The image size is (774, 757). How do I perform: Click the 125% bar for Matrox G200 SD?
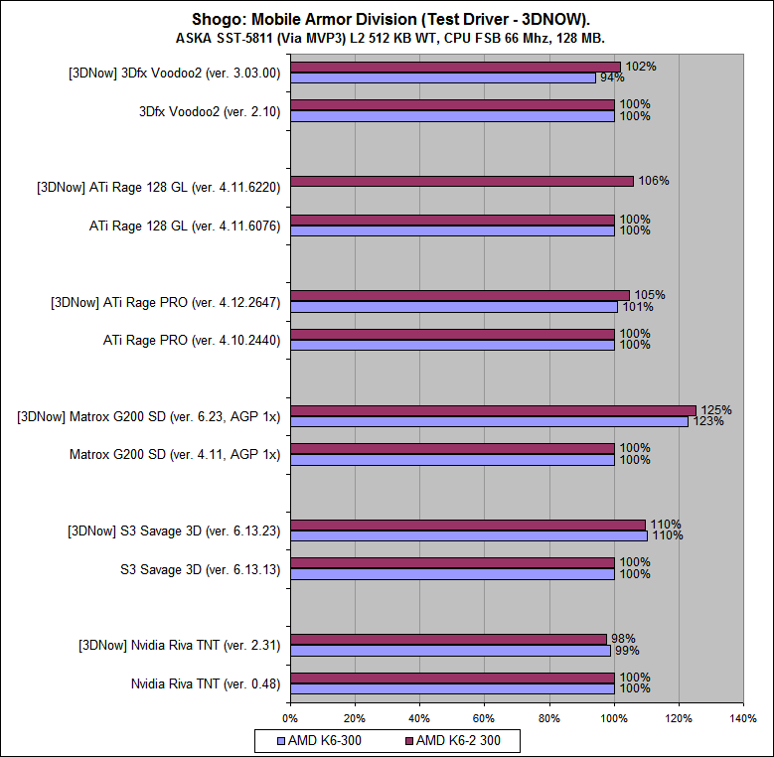pyautogui.click(x=493, y=410)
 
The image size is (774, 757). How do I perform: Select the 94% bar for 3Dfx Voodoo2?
pyautogui.click(x=442, y=77)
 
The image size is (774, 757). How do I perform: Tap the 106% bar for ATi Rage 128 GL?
pyautogui.click(x=462, y=181)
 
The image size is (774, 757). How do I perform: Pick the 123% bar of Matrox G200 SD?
pyautogui.click(x=489, y=421)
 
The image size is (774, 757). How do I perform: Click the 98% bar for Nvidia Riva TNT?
pyautogui.click(x=448, y=639)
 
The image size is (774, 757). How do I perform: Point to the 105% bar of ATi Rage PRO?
pyautogui.click(x=460, y=295)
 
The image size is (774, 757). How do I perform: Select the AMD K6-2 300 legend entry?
pyautogui.click(x=458, y=740)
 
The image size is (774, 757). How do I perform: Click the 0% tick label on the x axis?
pyautogui.click(x=290, y=717)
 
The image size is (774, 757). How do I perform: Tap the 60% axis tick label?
pyautogui.click(x=484, y=717)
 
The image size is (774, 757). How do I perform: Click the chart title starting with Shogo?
pyautogui.click(x=387, y=19)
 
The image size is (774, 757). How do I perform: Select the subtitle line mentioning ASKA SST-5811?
pyautogui.click(x=387, y=38)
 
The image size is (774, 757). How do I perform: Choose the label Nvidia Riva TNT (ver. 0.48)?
pyautogui.click(x=206, y=683)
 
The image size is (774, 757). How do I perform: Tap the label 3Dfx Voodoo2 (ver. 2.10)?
pyautogui.click(x=210, y=111)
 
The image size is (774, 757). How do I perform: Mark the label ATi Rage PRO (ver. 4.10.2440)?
pyautogui.click(x=192, y=341)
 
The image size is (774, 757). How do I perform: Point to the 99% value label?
pyautogui.click(x=627, y=651)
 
